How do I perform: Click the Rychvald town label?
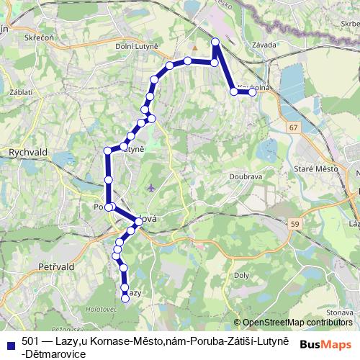tap(27, 153)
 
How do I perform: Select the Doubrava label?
tap(245, 176)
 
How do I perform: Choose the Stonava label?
tap(338, 312)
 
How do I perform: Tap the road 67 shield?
tap(292, 127)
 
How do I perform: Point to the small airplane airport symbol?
tap(150, 189)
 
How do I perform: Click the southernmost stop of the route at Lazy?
tap(125, 299)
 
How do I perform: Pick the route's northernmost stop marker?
tap(215, 43)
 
